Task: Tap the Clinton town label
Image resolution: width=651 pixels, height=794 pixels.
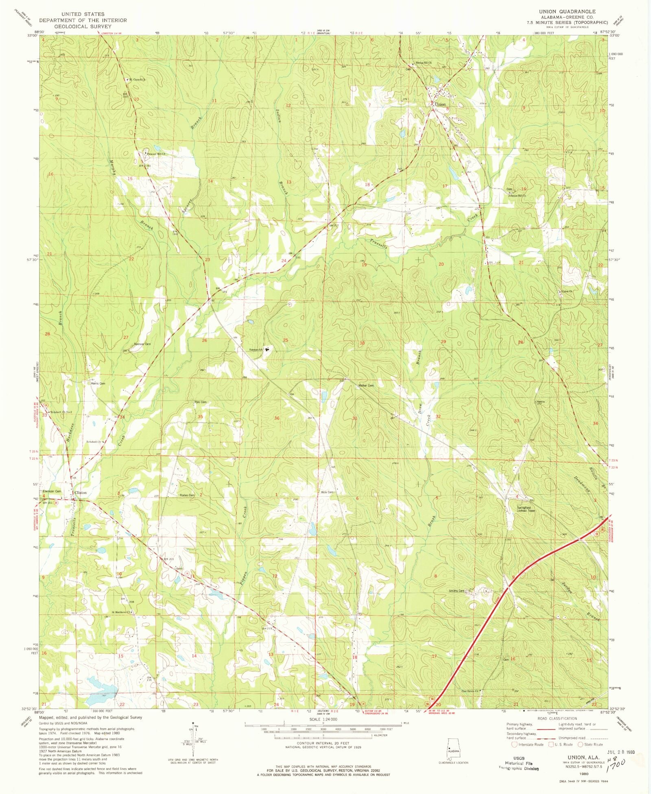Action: coord(81,493)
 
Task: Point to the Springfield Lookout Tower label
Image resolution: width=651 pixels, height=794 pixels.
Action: coord(524,509)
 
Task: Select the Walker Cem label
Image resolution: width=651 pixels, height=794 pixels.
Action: coord(366,385)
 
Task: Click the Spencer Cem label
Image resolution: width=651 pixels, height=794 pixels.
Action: coord(142,344)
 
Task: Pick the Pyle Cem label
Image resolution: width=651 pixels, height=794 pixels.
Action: coord(200,402)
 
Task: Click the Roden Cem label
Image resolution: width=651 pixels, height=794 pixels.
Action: coord(187,495)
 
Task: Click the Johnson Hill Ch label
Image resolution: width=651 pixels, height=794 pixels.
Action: coord(517,196)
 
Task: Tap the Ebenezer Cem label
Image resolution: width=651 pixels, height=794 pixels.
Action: coord(52,492)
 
